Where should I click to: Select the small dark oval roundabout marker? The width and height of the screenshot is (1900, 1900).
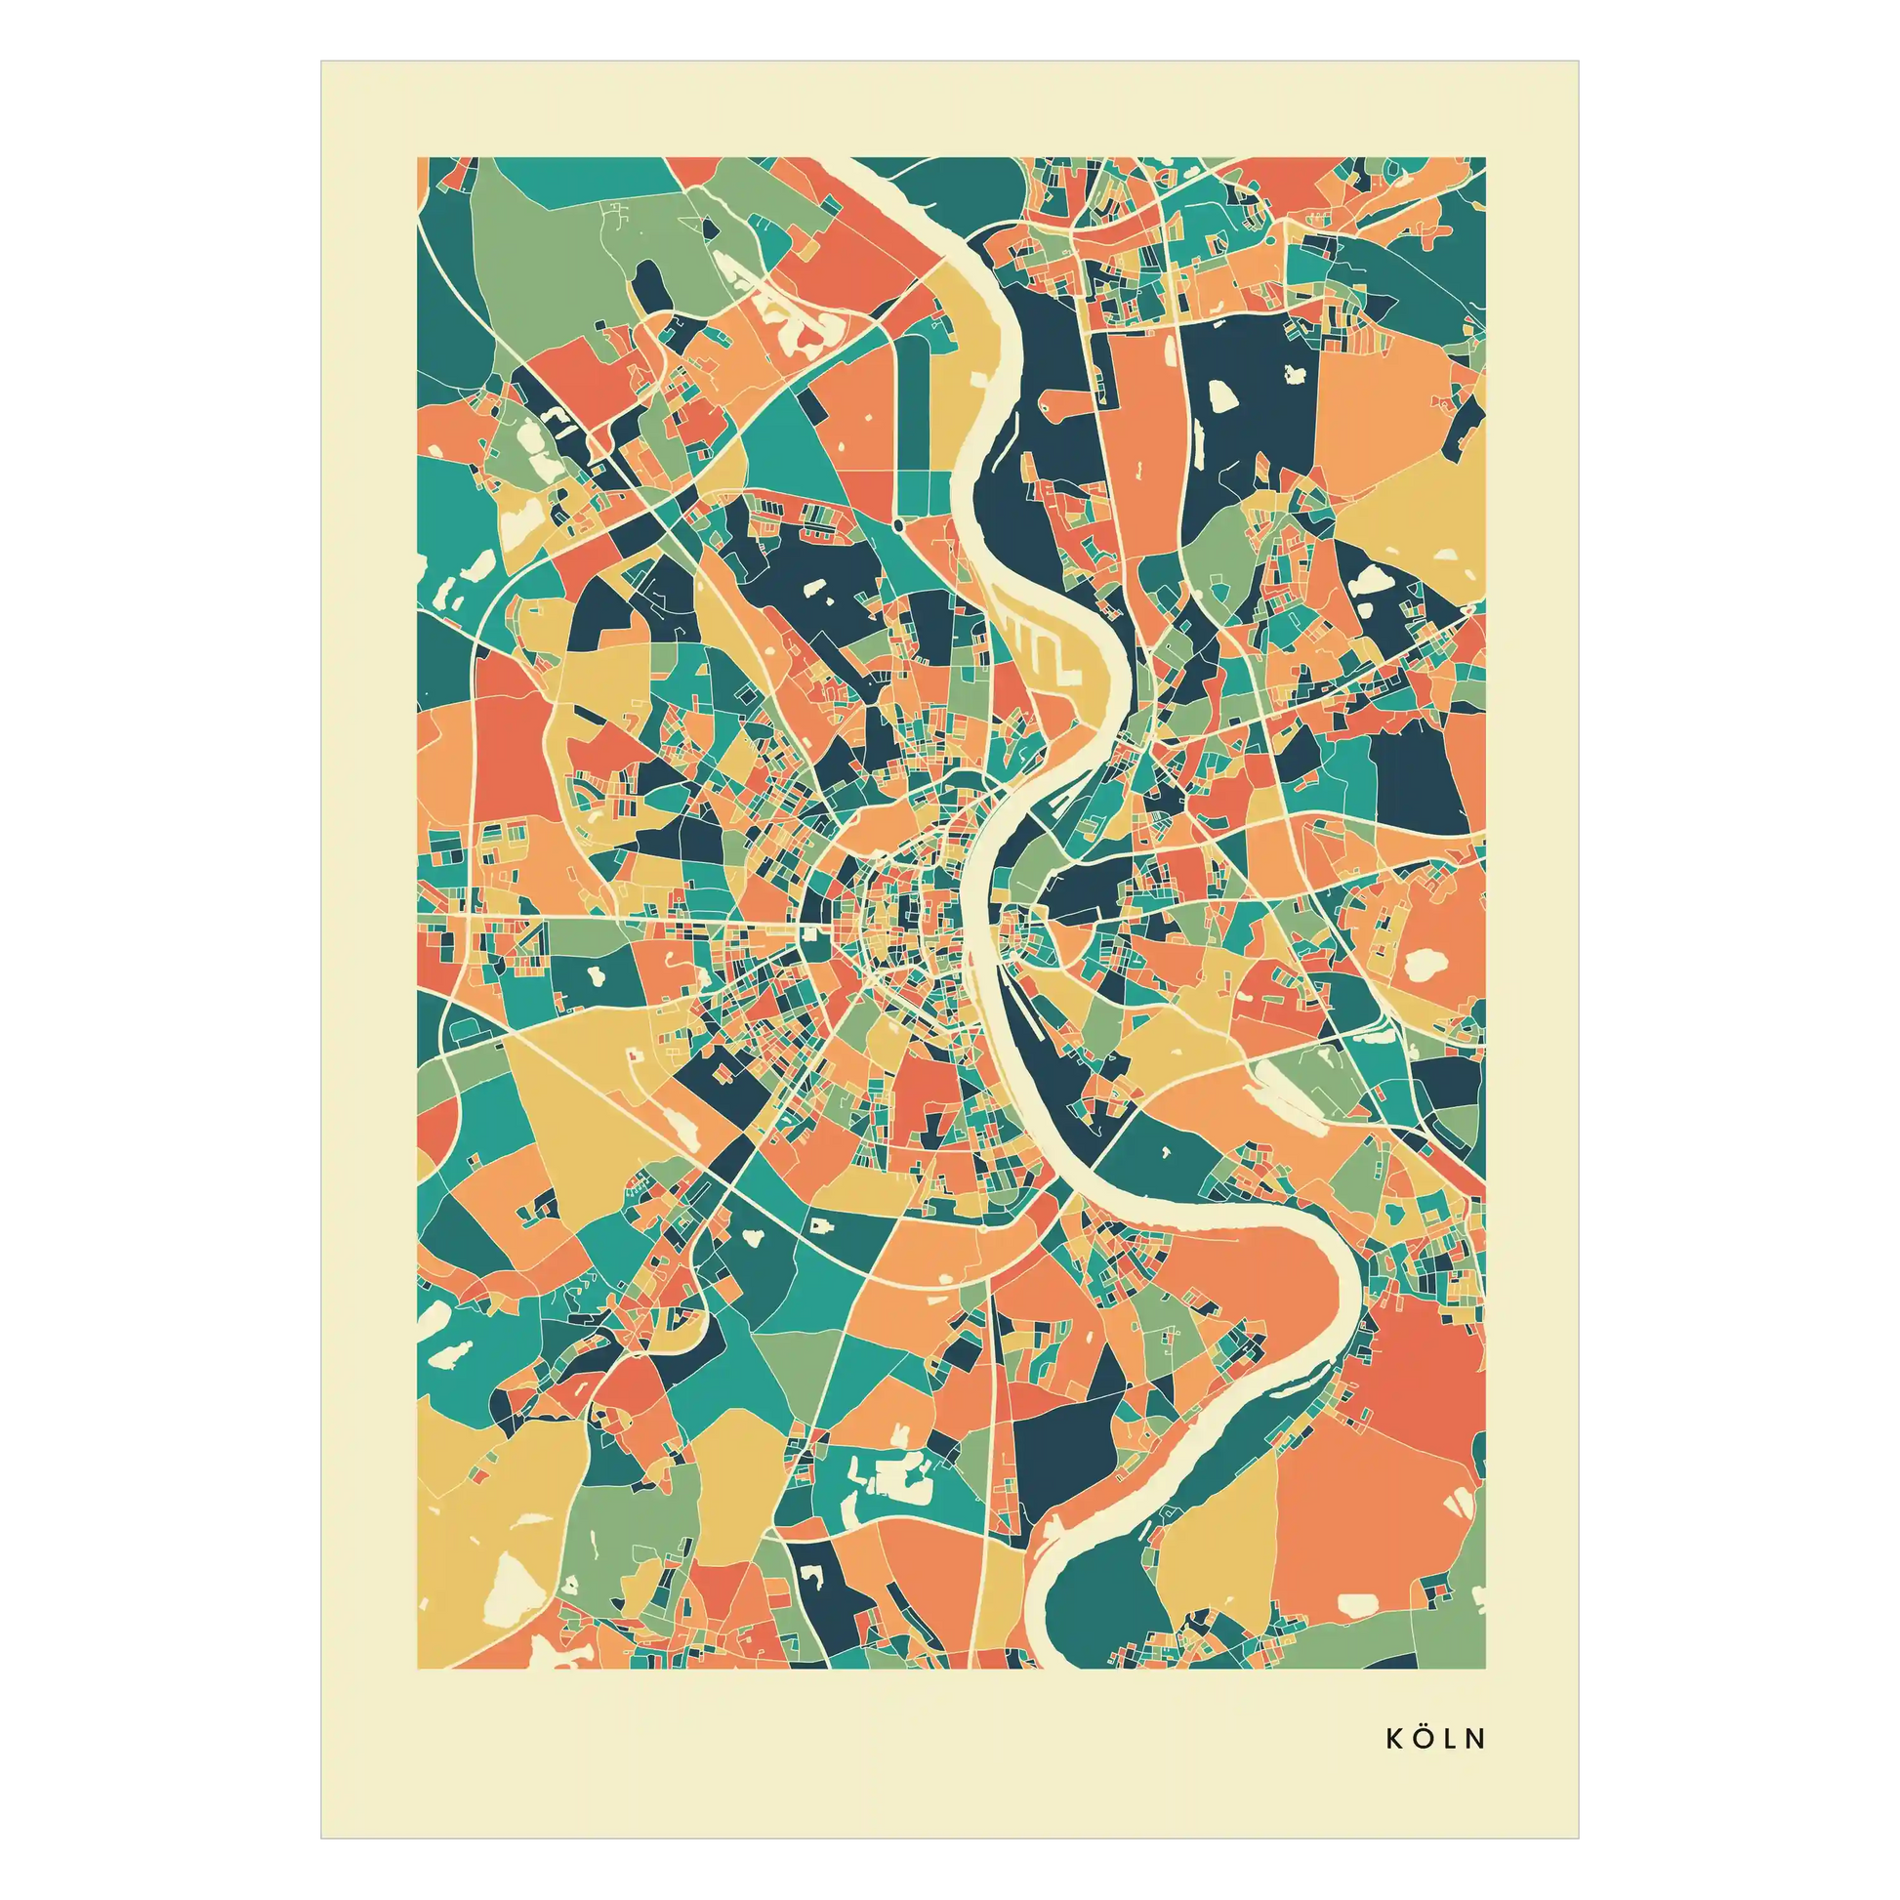pyautogui.click(x=898, y=527)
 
